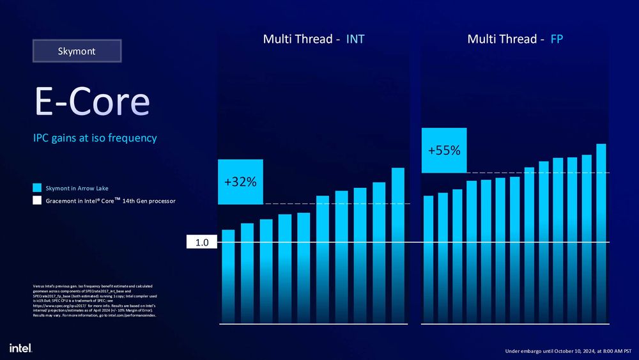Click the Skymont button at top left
click(x=77, y=51)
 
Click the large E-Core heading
click(x=93, y=102)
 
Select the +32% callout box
click(x=240, y=182)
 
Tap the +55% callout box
click(x=444, y=150)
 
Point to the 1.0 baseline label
click(x=202, y=243)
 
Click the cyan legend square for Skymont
click(x=37, y=188)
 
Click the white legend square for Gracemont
click(x=37, y=201)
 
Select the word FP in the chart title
click(x=557, y=40)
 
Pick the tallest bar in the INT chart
click(x=397, y=243)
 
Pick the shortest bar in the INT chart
click(x=228, y=275)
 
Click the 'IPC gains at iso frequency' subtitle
click(x=95, y=138)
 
